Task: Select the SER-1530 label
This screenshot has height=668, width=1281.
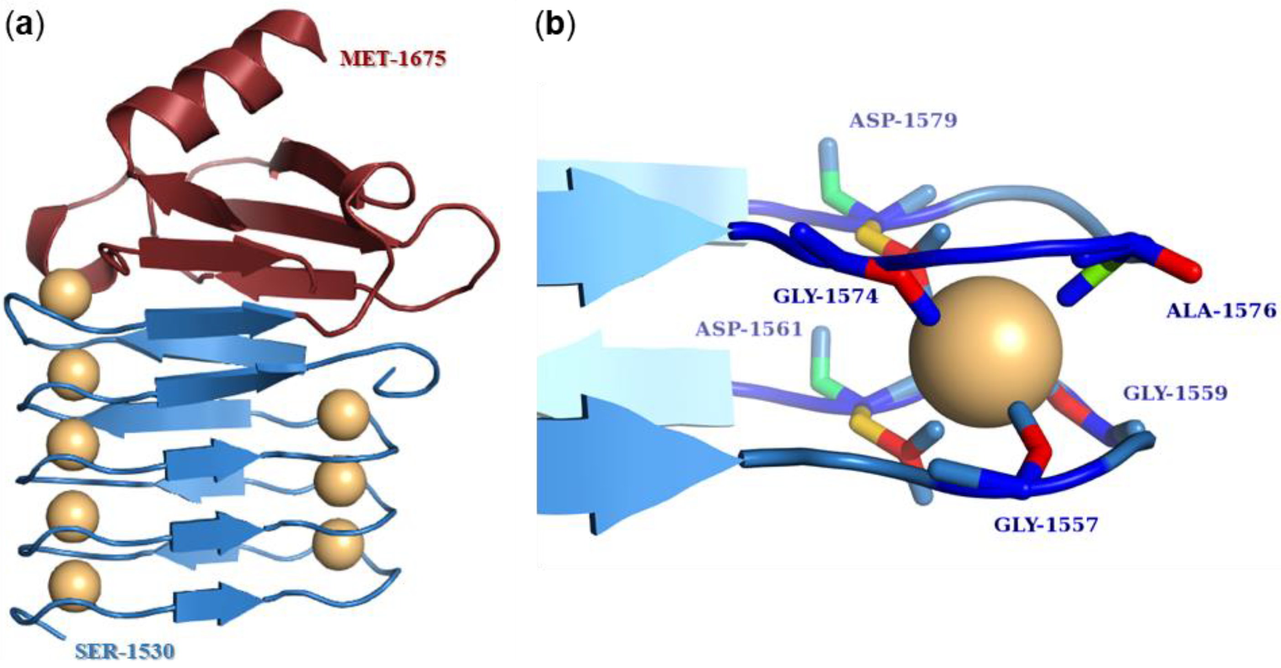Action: pos(125,651)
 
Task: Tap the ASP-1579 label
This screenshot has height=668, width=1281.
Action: pos(903,121)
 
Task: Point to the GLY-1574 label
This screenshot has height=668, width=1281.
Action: pos(825,297)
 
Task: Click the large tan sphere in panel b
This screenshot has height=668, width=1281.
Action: pos(985,351)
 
